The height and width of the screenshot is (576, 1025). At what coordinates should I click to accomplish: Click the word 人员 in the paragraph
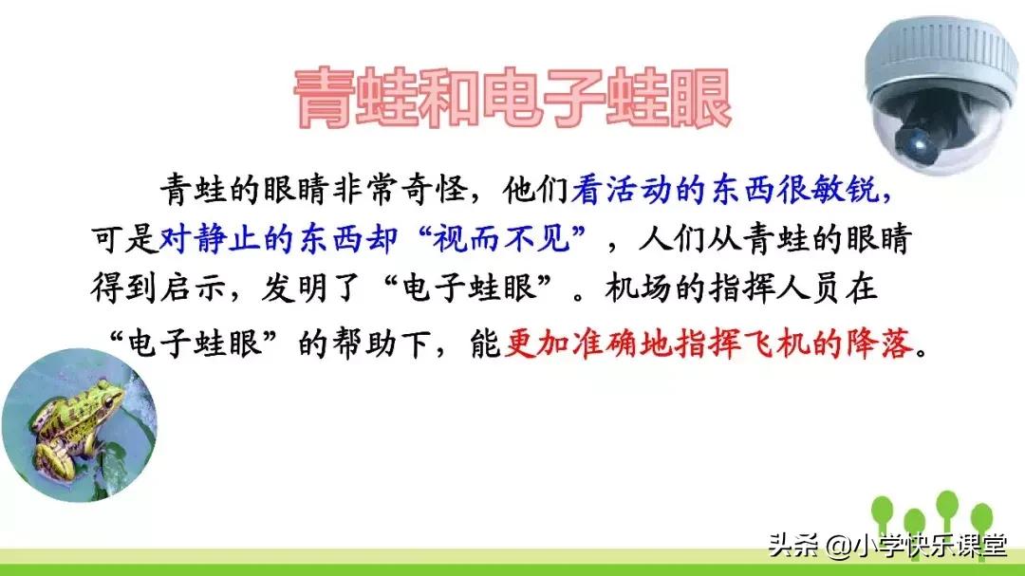(818, 288)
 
